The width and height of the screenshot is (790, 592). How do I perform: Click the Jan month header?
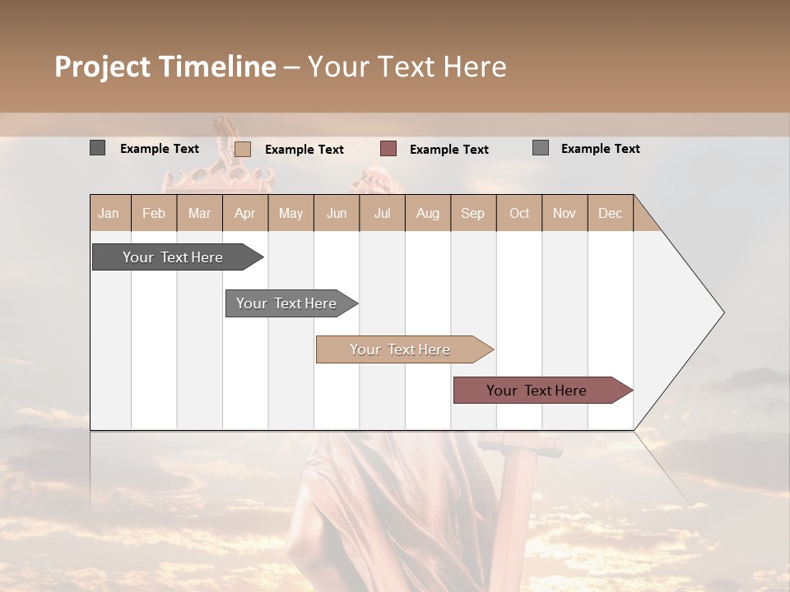click(x=109, y=213)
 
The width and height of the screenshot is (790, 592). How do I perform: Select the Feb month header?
click(x=154, y=213)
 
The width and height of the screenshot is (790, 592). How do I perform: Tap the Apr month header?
click(x=244, y=213)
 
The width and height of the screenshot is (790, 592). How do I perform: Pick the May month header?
click(x=290, y=213)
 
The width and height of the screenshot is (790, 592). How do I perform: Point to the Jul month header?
click(x=382, y=213)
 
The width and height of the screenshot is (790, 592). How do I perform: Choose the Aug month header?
click(x=427, y=213)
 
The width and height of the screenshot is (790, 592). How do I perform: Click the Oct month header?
click(x=518, y=213)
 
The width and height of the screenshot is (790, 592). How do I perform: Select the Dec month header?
click(x=610, y=213)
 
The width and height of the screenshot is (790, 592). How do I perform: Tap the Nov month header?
click(x=565, y=213)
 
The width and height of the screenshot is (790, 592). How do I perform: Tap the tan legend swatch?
click(x=243, y=149)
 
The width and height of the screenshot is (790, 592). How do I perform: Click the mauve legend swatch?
click(x=388, y=148)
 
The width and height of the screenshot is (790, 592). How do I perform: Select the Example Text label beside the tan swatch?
click(x=304, y=150)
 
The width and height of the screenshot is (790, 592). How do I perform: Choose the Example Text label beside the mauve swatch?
click(x=449, y=150)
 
